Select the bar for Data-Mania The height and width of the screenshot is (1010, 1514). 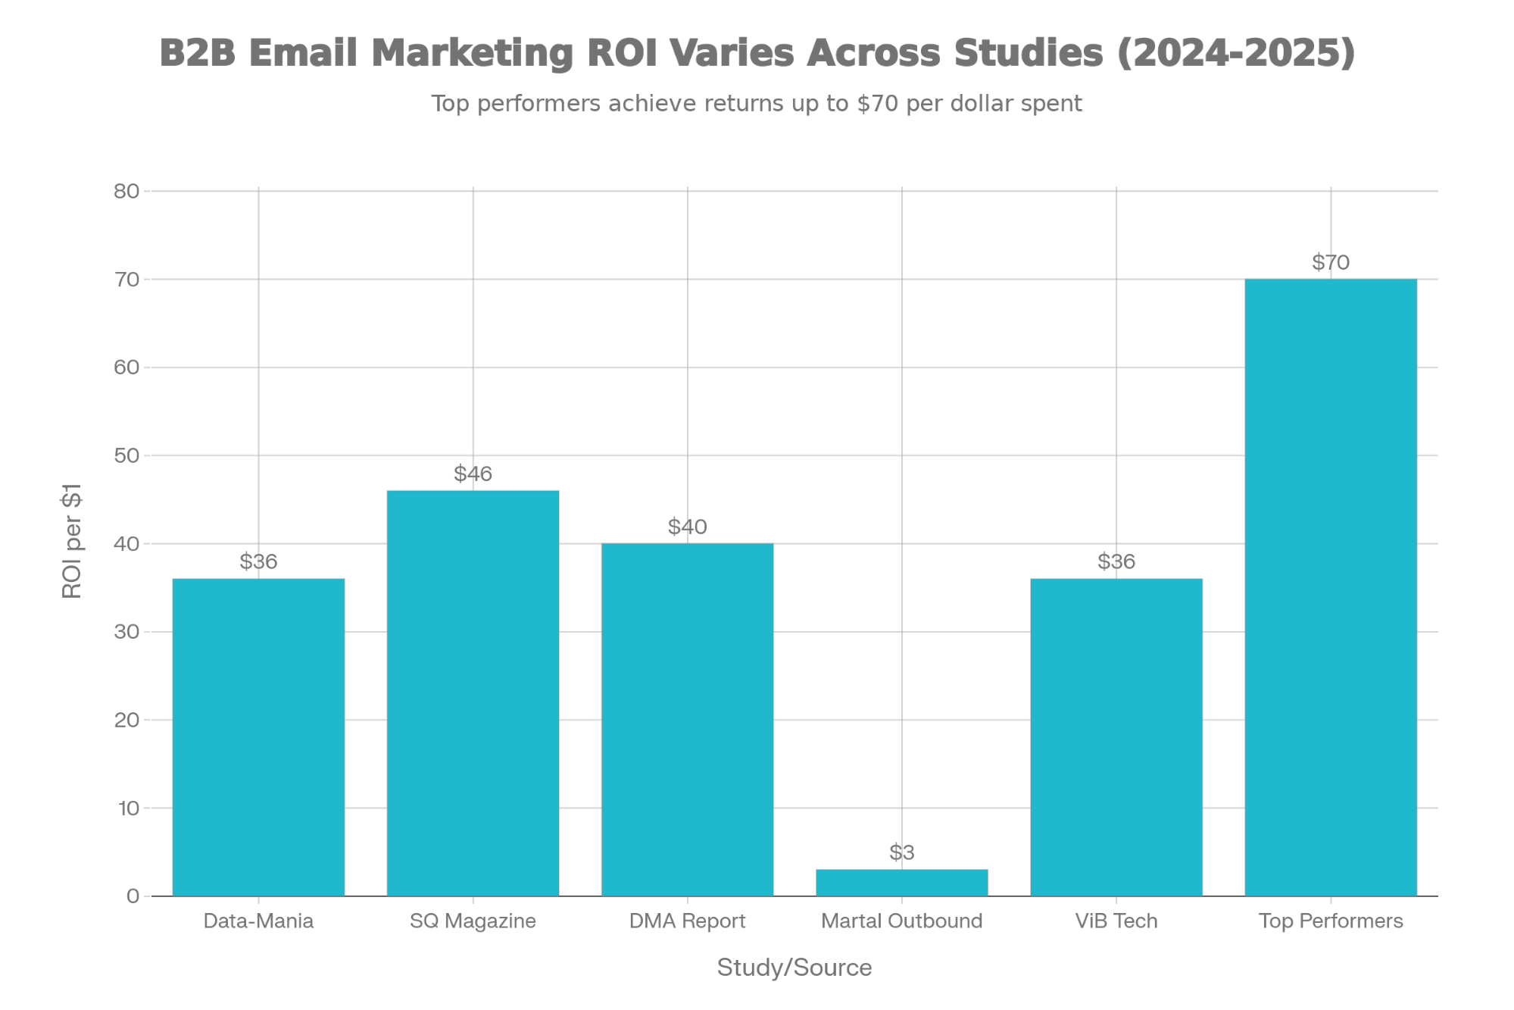click(258, 736)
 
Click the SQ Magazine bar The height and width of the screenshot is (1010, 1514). click(473, 693)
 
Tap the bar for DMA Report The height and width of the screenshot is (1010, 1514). click(687, 719)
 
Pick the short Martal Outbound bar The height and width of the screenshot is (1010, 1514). click(901, 883)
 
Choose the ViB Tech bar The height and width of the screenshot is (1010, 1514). click(1116, 736)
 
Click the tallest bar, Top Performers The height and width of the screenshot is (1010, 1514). click(1330, 587)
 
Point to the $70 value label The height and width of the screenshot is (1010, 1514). click(1330, 263)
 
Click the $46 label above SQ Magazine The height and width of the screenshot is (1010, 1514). click(473, 474)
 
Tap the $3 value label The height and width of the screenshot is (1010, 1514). click(901, 853)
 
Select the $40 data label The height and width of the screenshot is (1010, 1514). click(687, 527)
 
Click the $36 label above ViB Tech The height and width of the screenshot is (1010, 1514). click(1116, 562)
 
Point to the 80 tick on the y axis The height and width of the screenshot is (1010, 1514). click(126, 191)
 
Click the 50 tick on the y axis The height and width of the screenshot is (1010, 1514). click(126, 455)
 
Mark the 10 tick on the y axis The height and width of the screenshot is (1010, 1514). click(128, 808)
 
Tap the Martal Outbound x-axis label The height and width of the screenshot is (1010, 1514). click(901, 921)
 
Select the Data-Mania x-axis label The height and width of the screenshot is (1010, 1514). click(258, 921)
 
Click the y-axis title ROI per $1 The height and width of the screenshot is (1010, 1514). click(72, 541)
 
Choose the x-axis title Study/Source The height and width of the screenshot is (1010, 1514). click(794, 968)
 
